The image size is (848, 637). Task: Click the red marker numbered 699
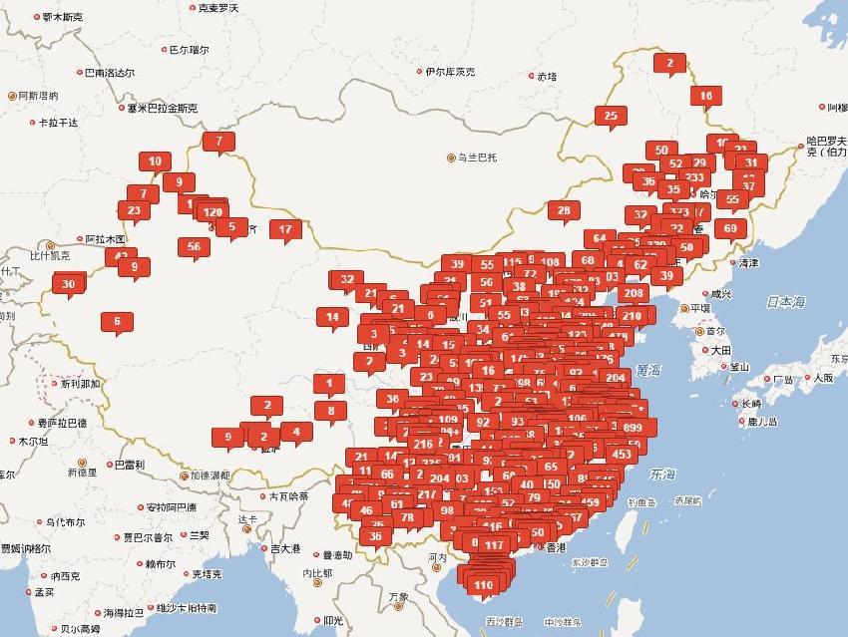coord(632,427)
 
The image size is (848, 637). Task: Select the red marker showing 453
coord(622,454)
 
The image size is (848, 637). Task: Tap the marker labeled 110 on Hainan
coord(484,585)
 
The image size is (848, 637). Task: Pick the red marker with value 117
coord(494,544)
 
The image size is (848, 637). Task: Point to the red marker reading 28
coord(564,209)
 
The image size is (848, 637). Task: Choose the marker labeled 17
coord(285,228)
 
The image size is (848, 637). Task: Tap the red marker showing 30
coord(69,284)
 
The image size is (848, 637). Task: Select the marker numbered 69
coord(730,227)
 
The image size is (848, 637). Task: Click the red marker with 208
coord(633,293)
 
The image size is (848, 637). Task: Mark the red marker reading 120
coord(212,211)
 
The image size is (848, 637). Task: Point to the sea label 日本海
coord(785,301)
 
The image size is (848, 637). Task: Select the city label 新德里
coord(82,472)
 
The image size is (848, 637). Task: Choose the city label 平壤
coord(700,308)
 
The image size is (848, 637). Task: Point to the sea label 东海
coord(660,474)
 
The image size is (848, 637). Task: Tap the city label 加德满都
coord(210,476)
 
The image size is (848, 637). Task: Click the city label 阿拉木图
coord(104,239)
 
